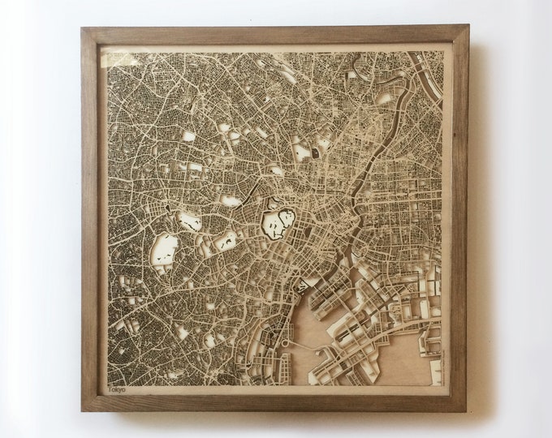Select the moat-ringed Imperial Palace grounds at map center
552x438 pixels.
(278, 221)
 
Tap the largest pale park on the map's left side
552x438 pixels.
(165, 251)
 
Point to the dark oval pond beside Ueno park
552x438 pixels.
(315, 152)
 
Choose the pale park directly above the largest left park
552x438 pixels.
(190, 221)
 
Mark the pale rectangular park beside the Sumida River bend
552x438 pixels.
(384, 98)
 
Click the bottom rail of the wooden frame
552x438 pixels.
(276, 403)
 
